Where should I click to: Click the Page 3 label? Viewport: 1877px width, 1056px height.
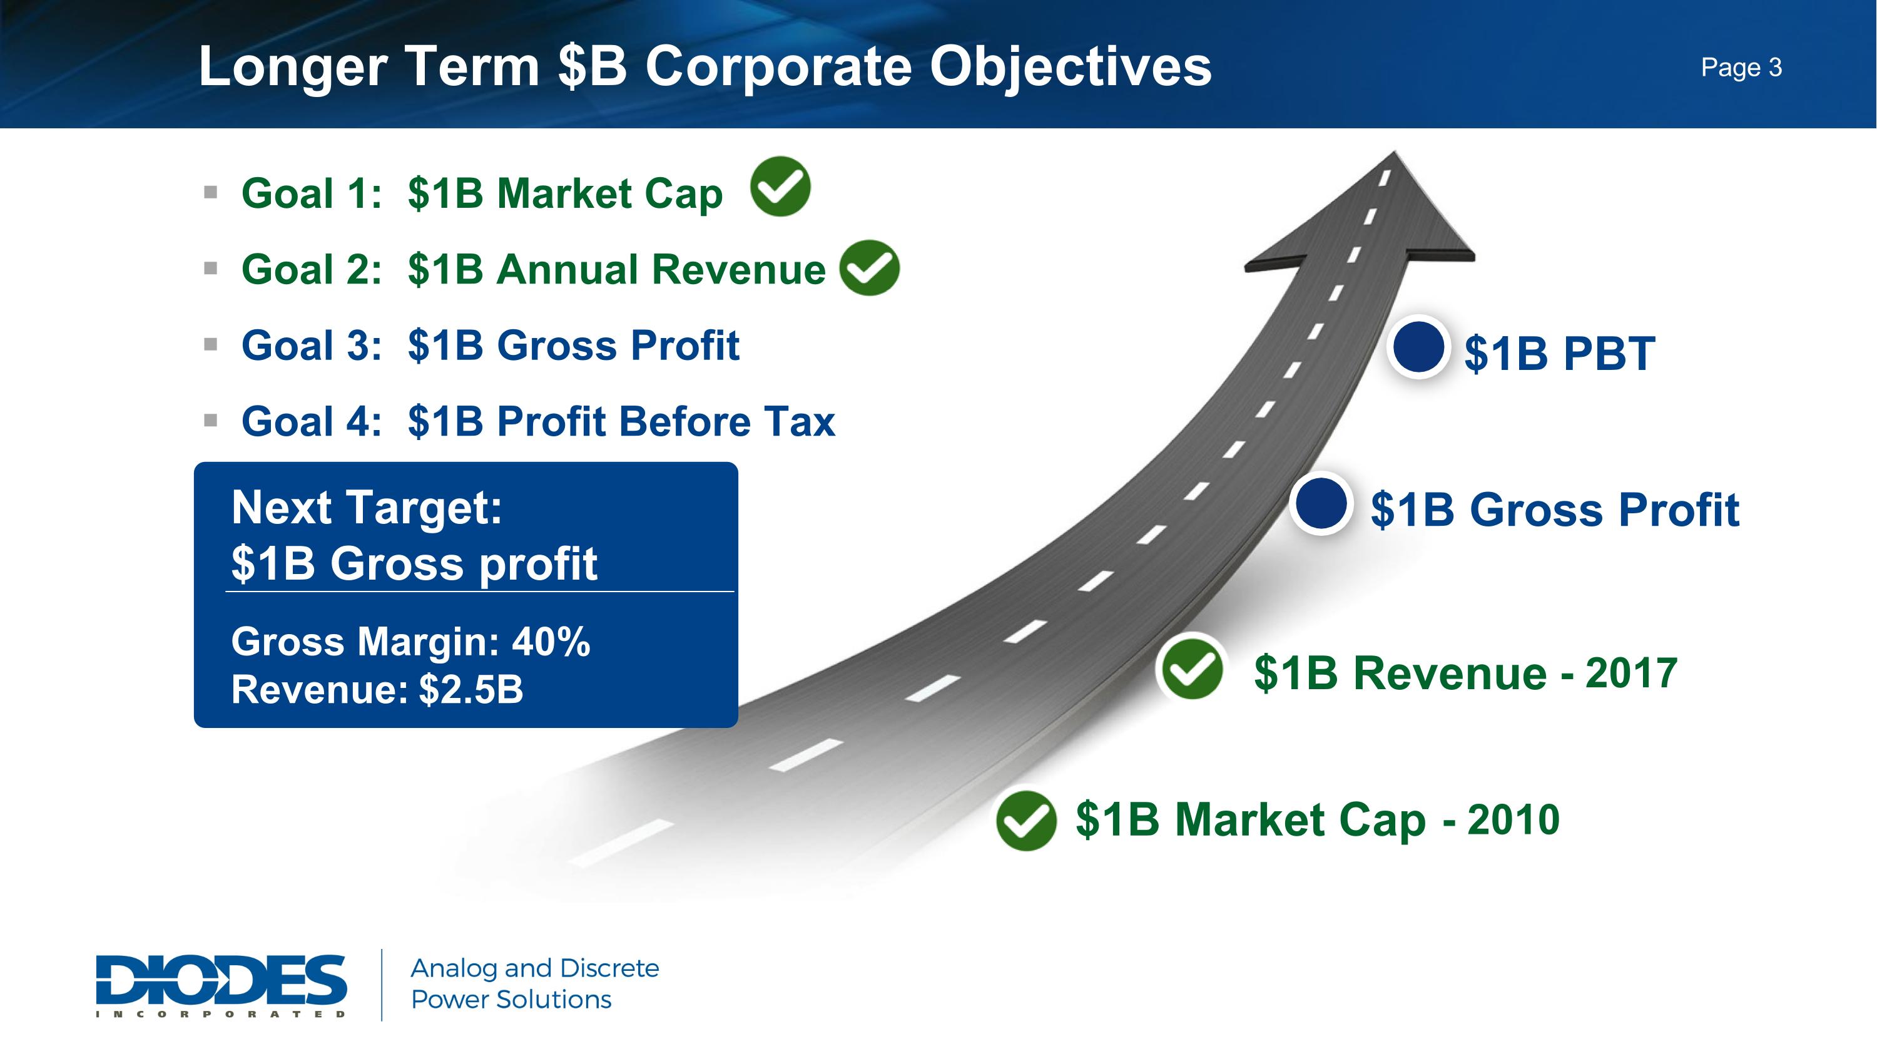coord(1741,68)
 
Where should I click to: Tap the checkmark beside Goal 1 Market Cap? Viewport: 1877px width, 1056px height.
coord(780,187)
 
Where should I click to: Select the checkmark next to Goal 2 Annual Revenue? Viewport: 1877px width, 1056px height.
coord(869,268)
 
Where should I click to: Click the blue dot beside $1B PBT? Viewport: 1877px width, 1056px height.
coord(1418,347)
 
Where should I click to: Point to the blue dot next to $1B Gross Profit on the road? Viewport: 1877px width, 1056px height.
coord(1321,503)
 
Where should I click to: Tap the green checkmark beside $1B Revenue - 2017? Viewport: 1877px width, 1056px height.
coord(1192,670)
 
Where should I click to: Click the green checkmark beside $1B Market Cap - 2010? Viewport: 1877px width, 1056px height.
coord(1026,821)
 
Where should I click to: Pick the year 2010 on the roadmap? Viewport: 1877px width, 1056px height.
coord(1513,819)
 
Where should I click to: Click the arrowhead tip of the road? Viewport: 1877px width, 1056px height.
coord(1394,151)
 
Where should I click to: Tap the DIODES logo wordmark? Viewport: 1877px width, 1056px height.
coord(221,985)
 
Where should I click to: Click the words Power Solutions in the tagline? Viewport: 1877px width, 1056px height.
coord(512,1000)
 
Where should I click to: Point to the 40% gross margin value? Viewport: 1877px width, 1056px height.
coord(551,642)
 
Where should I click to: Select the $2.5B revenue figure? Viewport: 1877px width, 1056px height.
coord(471,689)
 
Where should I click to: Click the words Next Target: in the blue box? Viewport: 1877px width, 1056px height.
coord(367,507)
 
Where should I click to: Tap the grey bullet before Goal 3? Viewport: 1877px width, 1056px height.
coord(211,345)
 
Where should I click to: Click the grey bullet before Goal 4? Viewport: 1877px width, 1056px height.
coord(211,421)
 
